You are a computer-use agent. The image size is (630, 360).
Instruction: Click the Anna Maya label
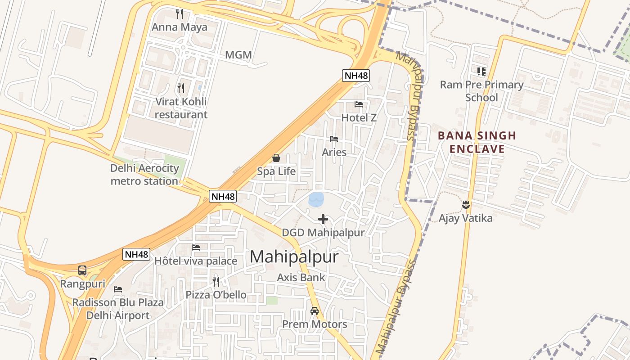pyautogui.click(x=180, y=27)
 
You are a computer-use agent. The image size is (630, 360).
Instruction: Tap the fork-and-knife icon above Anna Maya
pyautogui.click(x=180, y=13)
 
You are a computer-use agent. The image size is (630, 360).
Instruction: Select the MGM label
pyautogui.click(x=238, y=55)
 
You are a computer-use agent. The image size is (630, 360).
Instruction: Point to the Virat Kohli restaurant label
pyautogui.click(x=181, y=108)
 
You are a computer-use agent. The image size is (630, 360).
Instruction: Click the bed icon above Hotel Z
pyautogui.click(x=359, y=104)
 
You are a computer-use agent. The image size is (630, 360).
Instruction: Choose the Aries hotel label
pyautogui.click(x=334, y=152)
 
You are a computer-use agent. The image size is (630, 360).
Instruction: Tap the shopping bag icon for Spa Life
pyautogui.click(x=276, y=158)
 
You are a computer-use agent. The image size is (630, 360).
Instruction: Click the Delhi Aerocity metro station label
pyautogui.click(x=144, y=175)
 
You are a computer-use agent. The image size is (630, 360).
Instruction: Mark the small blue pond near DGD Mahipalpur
pyautogui.click(x=316, y=199)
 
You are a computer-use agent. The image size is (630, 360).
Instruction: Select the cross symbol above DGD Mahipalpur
pyautogui.click(x=323, y=219)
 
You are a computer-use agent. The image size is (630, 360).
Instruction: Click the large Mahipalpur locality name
pyautogui.click(x=294, y=256)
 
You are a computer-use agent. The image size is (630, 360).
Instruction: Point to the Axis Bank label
pyautogui.click(x=301, y=277)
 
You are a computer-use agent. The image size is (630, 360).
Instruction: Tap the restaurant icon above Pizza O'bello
pyautogui.click(x=216, y=282)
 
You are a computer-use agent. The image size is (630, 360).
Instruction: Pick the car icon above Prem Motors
pyautogui.click(x=315, y=311)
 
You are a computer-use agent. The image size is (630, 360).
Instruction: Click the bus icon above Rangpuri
pyautogui.click(x=82, y=270)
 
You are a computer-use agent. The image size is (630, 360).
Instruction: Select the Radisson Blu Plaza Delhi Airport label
pyautogui.click(x=118, y=309)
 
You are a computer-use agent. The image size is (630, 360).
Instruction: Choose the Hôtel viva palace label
pyautogui.click(x=196, y=261)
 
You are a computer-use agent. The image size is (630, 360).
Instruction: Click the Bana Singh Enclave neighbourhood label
pyautogui.click(x=477, y=142)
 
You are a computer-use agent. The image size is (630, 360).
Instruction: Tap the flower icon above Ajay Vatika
pyautogui.click(x=466, y=205)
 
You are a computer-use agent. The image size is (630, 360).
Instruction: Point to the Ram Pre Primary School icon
pyautogui.click(x=481, y=71)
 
